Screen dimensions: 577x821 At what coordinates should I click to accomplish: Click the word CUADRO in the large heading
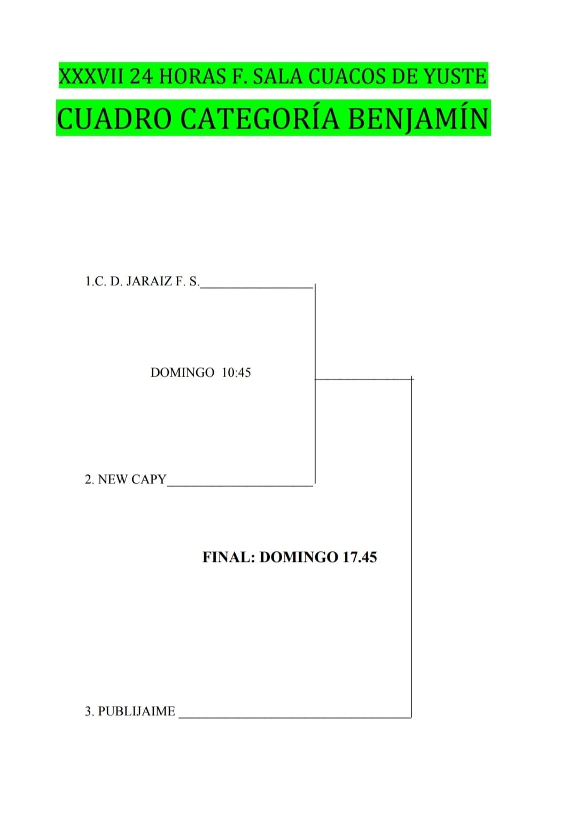[x=114, y=119]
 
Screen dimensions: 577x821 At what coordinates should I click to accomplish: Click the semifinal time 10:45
[x=237, y=372]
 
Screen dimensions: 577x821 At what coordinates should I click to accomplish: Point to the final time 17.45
[x=360, y=557]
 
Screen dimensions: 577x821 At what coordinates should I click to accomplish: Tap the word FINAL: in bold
[x=229, y=557]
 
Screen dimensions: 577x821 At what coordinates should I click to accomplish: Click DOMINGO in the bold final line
[x=299, y=557]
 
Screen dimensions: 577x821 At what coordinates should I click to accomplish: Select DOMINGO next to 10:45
[x=183, y=372]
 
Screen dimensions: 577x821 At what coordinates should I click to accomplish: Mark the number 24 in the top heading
[x=141, y=77]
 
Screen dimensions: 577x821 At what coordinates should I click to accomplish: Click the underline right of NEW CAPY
[x=240, y=485]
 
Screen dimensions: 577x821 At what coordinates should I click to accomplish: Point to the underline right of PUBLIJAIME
[x=295, y=717]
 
